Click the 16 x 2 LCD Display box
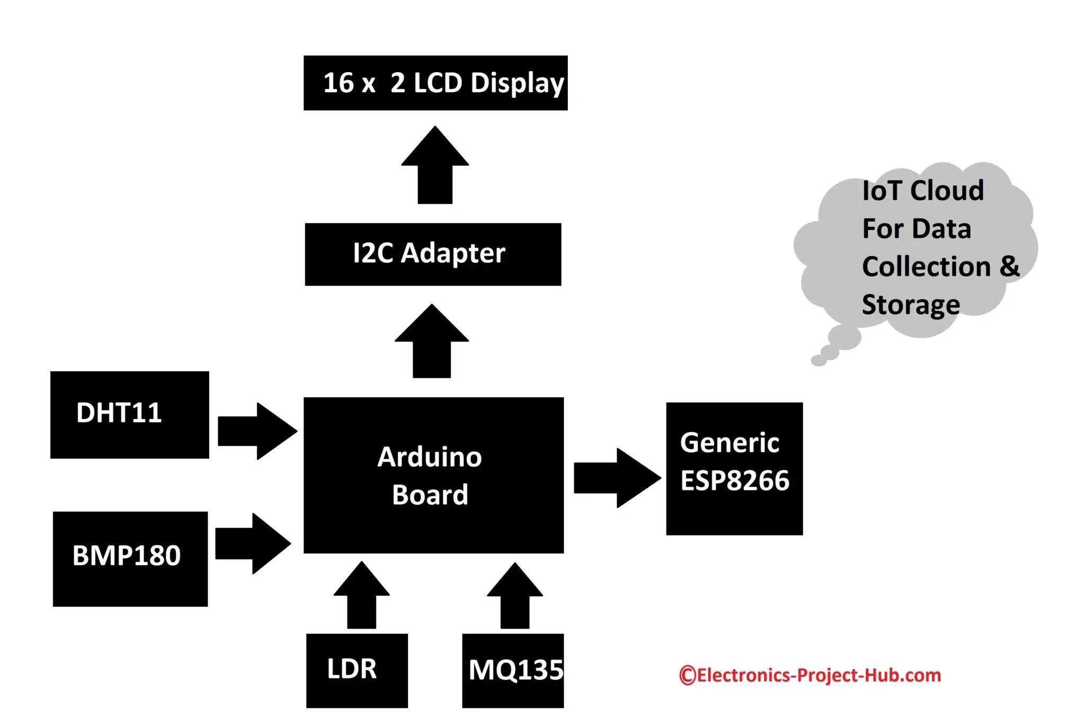pyautogui.click(x=435, y=83)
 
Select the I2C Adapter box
pyautogui.click(x=432, y=254)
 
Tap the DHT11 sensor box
pyautogui.click(x=129, y=414)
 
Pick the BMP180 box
pyautogui.click(x=130, y=558)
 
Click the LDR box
pyautogui.click(x=357, y=670)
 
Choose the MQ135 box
pyautogui.click(x=512, y=670)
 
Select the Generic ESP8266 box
pyautogui.click(x=734, y=468)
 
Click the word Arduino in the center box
pyautogui.click(x=429, y=457)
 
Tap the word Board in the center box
pyautogui.click(x=430, y=495)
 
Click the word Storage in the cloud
pyautogui.click(x=910, y=305)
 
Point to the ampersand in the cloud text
pyautogui.click(x=1009, y=266)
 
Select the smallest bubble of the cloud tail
pyautogui.click(x=819, y=361)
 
